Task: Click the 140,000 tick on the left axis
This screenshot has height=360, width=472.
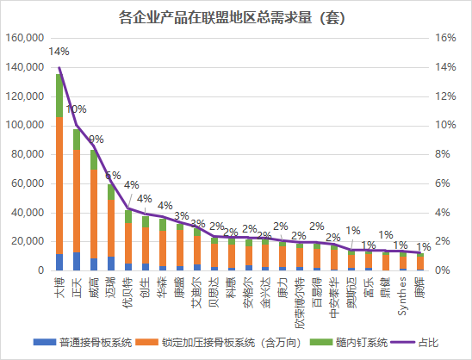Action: (x=26, y=67)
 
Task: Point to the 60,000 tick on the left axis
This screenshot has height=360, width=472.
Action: (x=28, y=183)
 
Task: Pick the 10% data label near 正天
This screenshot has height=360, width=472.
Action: (x=77, y=109)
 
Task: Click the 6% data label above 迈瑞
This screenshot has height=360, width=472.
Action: (x=113, y=175)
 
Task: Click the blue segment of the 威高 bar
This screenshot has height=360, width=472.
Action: (x=94, y=264)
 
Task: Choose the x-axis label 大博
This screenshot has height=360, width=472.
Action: (x=59, y=287)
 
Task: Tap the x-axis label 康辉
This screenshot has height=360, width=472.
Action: (x=419, y=287)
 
